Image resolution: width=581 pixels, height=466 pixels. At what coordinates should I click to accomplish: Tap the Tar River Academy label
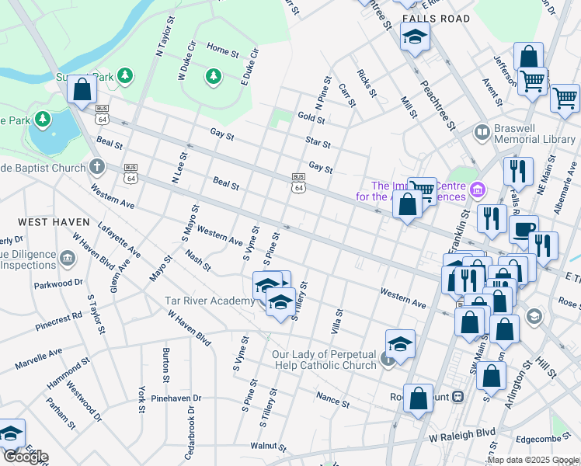pyautogui.click(x=208, y=301)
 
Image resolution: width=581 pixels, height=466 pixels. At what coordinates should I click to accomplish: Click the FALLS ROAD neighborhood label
pyautogui.click(x=436, y=18)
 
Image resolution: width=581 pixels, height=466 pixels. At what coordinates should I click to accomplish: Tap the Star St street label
pyautogui.click(x=318, y=144)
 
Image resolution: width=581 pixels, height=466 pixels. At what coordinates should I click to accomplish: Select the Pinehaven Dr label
pyautogui.click(x=176, y=398)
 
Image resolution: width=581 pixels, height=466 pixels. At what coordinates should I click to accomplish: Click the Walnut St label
pyautogui.click(x=269, y=447)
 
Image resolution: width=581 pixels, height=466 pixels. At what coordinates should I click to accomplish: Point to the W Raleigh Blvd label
pyautogui.click(x=462, y=433)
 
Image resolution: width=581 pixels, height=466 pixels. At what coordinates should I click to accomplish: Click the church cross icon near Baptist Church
pyautogui.click(x=96, y=166)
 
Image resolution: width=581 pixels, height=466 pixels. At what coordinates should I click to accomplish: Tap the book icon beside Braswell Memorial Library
pyautogui.click(x=482, y=133)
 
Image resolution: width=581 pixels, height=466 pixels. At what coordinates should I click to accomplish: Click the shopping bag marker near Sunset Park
pyautogui.click(x=82, y=89)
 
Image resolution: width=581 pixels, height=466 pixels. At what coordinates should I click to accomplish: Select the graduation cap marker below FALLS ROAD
pyautogui.click(x=415, y=37)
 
